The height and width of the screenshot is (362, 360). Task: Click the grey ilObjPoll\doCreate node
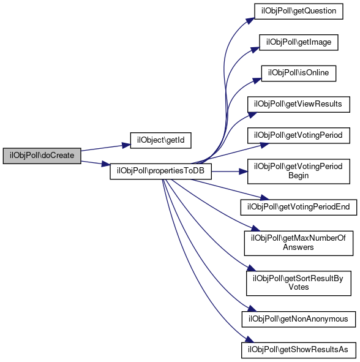[42, 156]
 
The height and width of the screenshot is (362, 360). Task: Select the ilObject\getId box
[160, 140]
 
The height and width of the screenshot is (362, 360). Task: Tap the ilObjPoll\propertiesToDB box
[160, 172]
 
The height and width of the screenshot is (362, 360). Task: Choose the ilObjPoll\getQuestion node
[299, 11]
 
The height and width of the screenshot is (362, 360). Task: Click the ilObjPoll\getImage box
[299, 42]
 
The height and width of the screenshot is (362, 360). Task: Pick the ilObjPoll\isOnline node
[299, 73]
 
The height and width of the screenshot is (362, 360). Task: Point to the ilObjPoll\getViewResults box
[299, 104]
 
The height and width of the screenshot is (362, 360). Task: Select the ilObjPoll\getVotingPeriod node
[299, 135]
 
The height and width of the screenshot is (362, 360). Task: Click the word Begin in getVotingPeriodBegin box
[299, 176]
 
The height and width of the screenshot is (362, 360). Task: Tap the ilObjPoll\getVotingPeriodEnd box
[299, 207]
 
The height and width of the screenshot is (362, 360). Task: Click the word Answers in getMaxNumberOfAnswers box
[298, 247]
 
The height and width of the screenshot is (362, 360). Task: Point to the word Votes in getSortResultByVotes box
[299, 287]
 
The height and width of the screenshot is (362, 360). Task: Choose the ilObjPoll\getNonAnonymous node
[299, 319]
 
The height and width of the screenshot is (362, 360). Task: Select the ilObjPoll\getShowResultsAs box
[299, 350]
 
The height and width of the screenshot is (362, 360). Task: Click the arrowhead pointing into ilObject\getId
[127, 145]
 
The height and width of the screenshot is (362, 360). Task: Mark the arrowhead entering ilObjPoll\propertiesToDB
[106, 164]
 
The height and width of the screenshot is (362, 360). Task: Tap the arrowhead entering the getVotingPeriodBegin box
[244, 172]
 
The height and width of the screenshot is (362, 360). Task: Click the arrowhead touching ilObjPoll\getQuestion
[250, 21]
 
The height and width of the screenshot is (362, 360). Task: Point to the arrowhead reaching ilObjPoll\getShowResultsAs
[249, 339]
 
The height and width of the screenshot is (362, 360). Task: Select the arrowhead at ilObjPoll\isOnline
[257, 81]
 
